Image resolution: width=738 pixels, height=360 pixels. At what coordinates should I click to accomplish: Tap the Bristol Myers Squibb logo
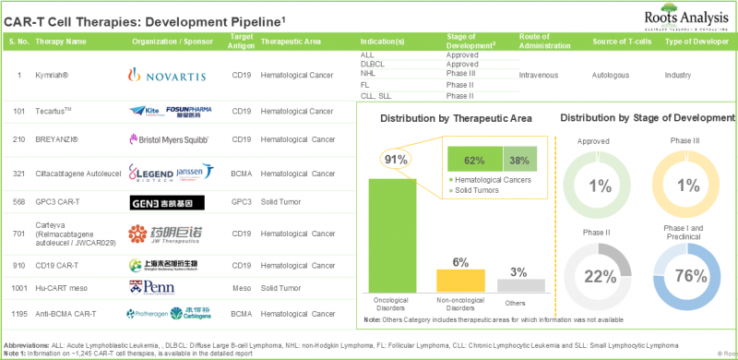pos(169,139)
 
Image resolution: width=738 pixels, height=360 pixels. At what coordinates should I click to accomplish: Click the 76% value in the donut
pos(691,275)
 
